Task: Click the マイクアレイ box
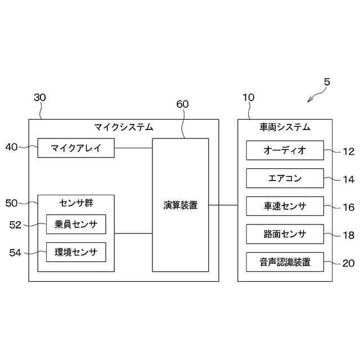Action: [76, 148]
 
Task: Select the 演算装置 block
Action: [180, 205]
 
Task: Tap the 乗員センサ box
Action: [76, 224]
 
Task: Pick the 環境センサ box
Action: [76, 252]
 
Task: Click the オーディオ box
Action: [285, 150]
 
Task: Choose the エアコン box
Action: [285, 178]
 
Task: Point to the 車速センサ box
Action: [285, 206]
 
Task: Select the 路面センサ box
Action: [285, 234]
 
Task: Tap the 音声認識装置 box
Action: [285, 262]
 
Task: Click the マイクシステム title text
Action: [124, 127]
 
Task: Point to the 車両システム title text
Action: [285, 127]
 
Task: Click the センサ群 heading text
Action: [76, 202]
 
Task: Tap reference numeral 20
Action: [349, 263]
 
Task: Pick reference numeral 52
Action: [15, 225]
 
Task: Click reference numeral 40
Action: [11, 147]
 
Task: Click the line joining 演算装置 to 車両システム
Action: [223, 205]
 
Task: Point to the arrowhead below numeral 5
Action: [309, 101]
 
